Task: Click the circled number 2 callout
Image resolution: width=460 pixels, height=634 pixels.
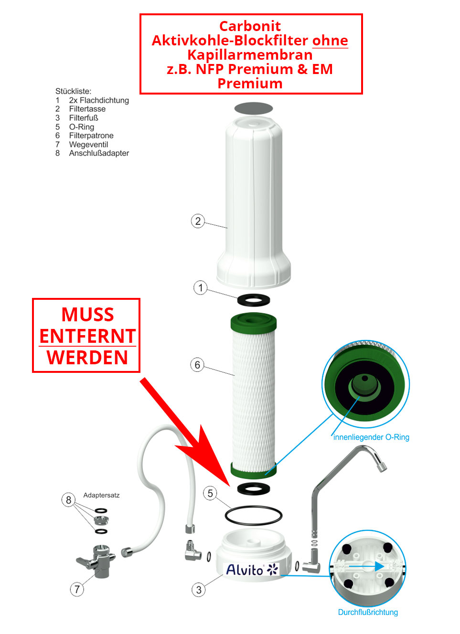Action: [198, 221]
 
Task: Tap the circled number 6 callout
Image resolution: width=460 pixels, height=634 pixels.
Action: [197, 365]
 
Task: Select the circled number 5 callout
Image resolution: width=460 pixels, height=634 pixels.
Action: [210, 493]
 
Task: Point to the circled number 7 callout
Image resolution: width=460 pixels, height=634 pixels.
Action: [77, 589]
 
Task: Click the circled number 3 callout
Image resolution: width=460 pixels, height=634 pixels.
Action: [199, 590]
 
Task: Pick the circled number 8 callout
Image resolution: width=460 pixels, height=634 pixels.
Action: [68, 500]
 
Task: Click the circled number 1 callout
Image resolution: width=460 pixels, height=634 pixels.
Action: [200, 287]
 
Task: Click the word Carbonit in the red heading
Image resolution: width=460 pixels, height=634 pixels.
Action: [250, 26]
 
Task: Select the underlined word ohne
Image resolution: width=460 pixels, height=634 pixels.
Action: [330, 41]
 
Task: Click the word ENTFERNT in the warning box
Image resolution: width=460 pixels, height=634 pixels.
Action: [87, 337]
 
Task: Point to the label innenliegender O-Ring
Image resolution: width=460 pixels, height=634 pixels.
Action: [371, 437]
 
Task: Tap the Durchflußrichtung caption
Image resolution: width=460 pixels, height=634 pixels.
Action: [368, 612]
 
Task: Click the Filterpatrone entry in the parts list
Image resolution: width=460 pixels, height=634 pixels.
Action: [91, 136]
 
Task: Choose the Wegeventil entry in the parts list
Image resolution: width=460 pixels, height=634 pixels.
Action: [88, 144]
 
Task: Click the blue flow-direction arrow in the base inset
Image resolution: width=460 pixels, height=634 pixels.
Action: [366, 566]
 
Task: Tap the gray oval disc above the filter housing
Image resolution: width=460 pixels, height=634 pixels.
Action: [254, 108]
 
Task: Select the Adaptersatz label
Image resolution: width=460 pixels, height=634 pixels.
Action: [101, 496]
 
